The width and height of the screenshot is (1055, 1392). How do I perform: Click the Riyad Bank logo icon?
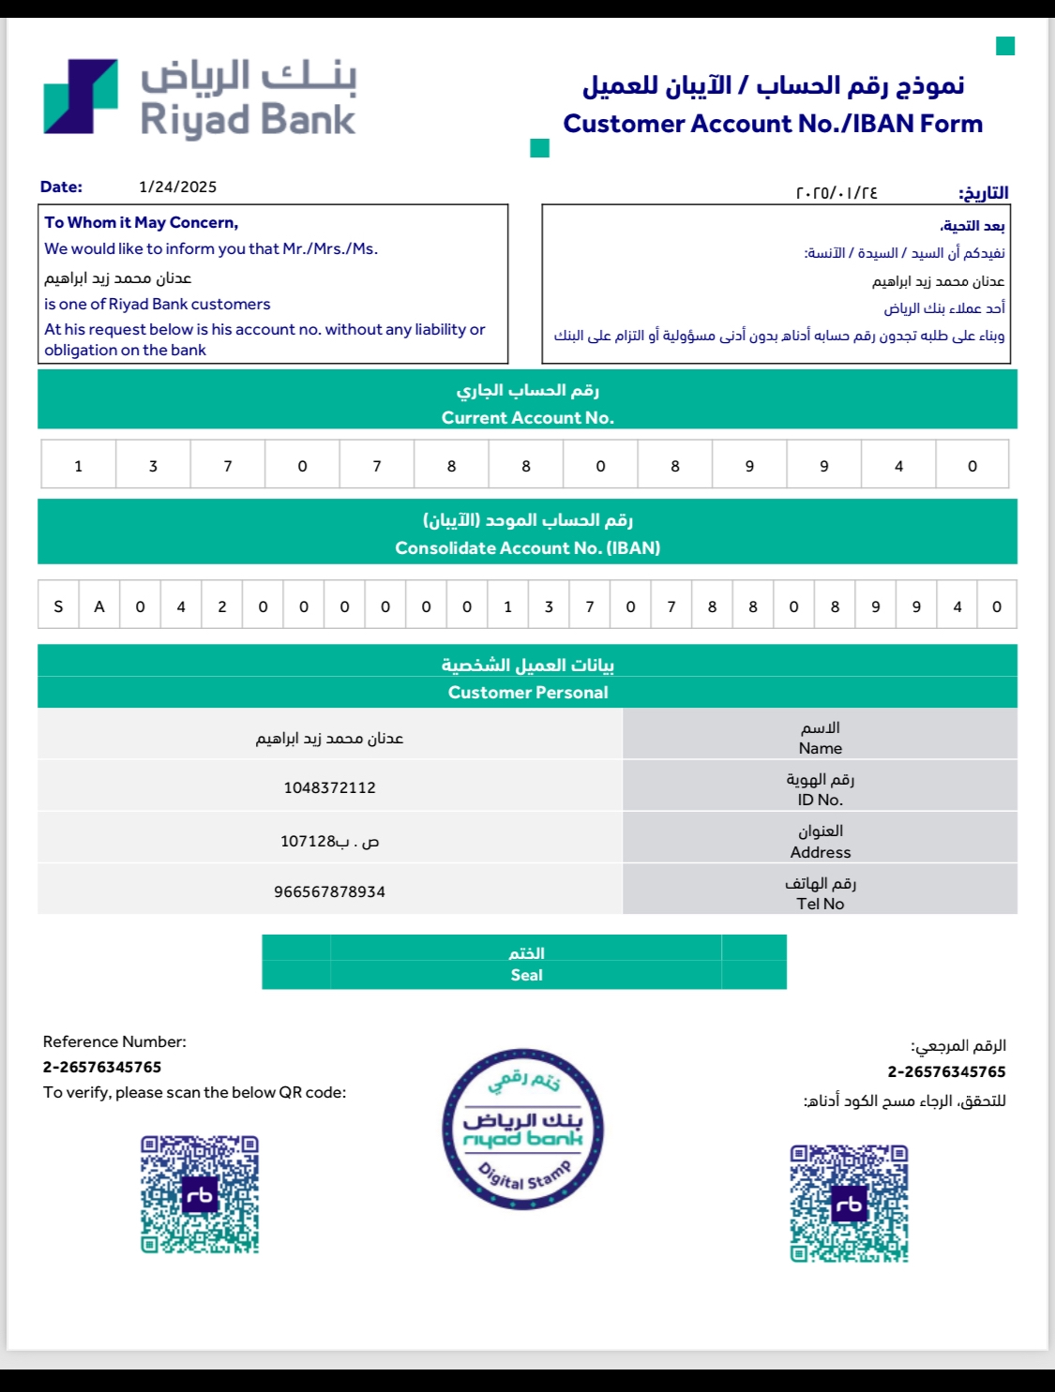coord(81,97)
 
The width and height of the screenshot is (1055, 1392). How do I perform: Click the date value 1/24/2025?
coord(177,187)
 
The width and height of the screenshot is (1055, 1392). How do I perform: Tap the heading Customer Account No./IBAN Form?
coord(773,124)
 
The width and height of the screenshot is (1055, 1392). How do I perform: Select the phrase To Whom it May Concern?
coord(141,222)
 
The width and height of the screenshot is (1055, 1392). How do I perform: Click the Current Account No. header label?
coord(527,418)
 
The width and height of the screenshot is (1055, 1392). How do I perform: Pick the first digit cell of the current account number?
coord(79,466)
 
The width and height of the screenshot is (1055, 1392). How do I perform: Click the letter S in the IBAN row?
coord(58,606)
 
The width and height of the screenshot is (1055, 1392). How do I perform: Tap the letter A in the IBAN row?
coord(99,606)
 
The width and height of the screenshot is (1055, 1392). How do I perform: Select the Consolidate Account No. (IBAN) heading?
coord(527,548)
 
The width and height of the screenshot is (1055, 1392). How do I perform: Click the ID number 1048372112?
coord(330,787)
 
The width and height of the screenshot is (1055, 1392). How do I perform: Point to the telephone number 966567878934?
coord(330,891)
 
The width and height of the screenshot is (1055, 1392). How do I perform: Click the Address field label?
coord(821,852)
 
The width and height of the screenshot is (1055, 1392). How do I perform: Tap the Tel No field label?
coord(821,904)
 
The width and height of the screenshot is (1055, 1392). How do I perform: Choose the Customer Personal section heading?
coord(527,693)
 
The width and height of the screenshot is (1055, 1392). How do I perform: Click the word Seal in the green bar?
coord(526,975)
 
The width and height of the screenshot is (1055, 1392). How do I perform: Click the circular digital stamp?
coord(523,1130)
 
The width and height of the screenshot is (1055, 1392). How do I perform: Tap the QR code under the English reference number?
coord(200,1194)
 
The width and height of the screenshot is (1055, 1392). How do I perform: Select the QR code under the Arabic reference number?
coord(849,1204)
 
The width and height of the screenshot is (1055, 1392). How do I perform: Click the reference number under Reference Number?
coord(102,1067)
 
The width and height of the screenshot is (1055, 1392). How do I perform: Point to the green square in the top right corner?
coord(1005,46)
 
